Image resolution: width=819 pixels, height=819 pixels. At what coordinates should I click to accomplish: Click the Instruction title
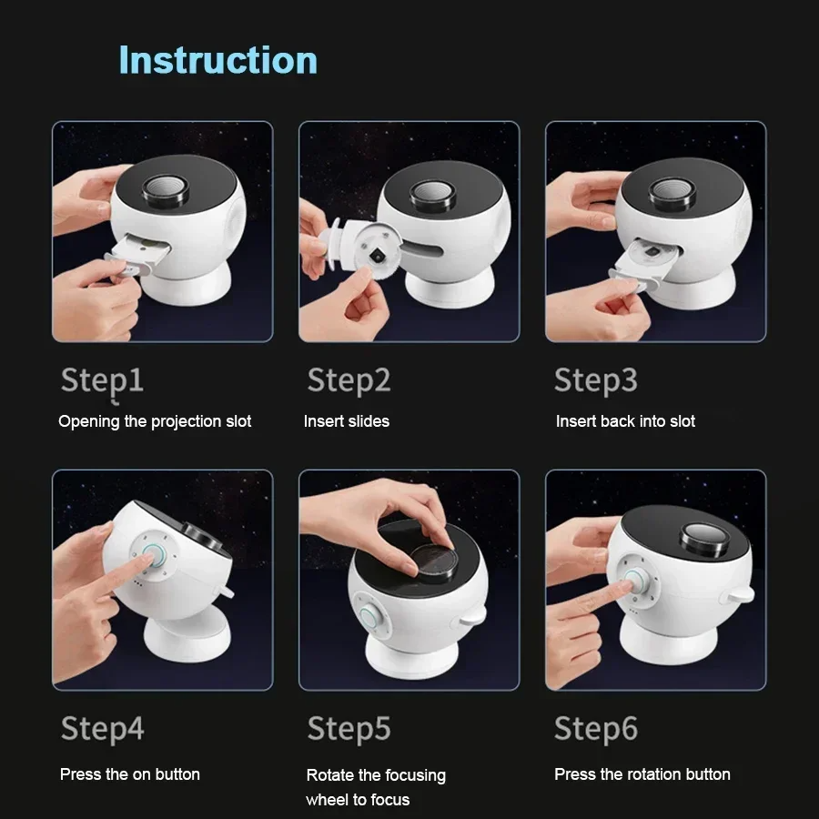[x=218, y=60]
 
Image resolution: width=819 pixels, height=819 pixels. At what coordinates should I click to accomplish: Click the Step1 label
[x=102, y=380]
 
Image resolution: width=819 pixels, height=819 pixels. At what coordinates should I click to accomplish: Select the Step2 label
[x=349, y=380]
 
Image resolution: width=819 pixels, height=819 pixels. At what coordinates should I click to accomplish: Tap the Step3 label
[x=595, y=380]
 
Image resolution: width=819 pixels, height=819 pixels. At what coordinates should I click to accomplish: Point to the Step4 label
[x=102, y=728]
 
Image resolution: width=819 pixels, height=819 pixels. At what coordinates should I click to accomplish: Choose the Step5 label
[x=349, y=728]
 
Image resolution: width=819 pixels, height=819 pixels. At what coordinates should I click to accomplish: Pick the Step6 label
[x=595, y=728]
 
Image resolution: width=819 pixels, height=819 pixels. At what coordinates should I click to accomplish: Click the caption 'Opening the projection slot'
[x=155, y=421]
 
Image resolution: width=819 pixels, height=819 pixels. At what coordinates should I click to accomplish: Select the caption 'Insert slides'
[x=346, y=421]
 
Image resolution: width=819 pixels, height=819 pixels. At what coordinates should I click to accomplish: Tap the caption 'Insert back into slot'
[x=625, y=421]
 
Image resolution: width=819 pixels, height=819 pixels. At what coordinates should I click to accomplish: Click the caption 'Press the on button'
[x=130, y=774]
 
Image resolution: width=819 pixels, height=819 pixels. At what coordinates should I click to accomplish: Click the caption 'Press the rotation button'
[x=642, y=774]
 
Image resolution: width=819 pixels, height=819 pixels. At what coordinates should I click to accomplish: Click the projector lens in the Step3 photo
[x=675, y=193]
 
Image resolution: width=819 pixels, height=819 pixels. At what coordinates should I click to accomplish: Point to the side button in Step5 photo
[x=370, y=614]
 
